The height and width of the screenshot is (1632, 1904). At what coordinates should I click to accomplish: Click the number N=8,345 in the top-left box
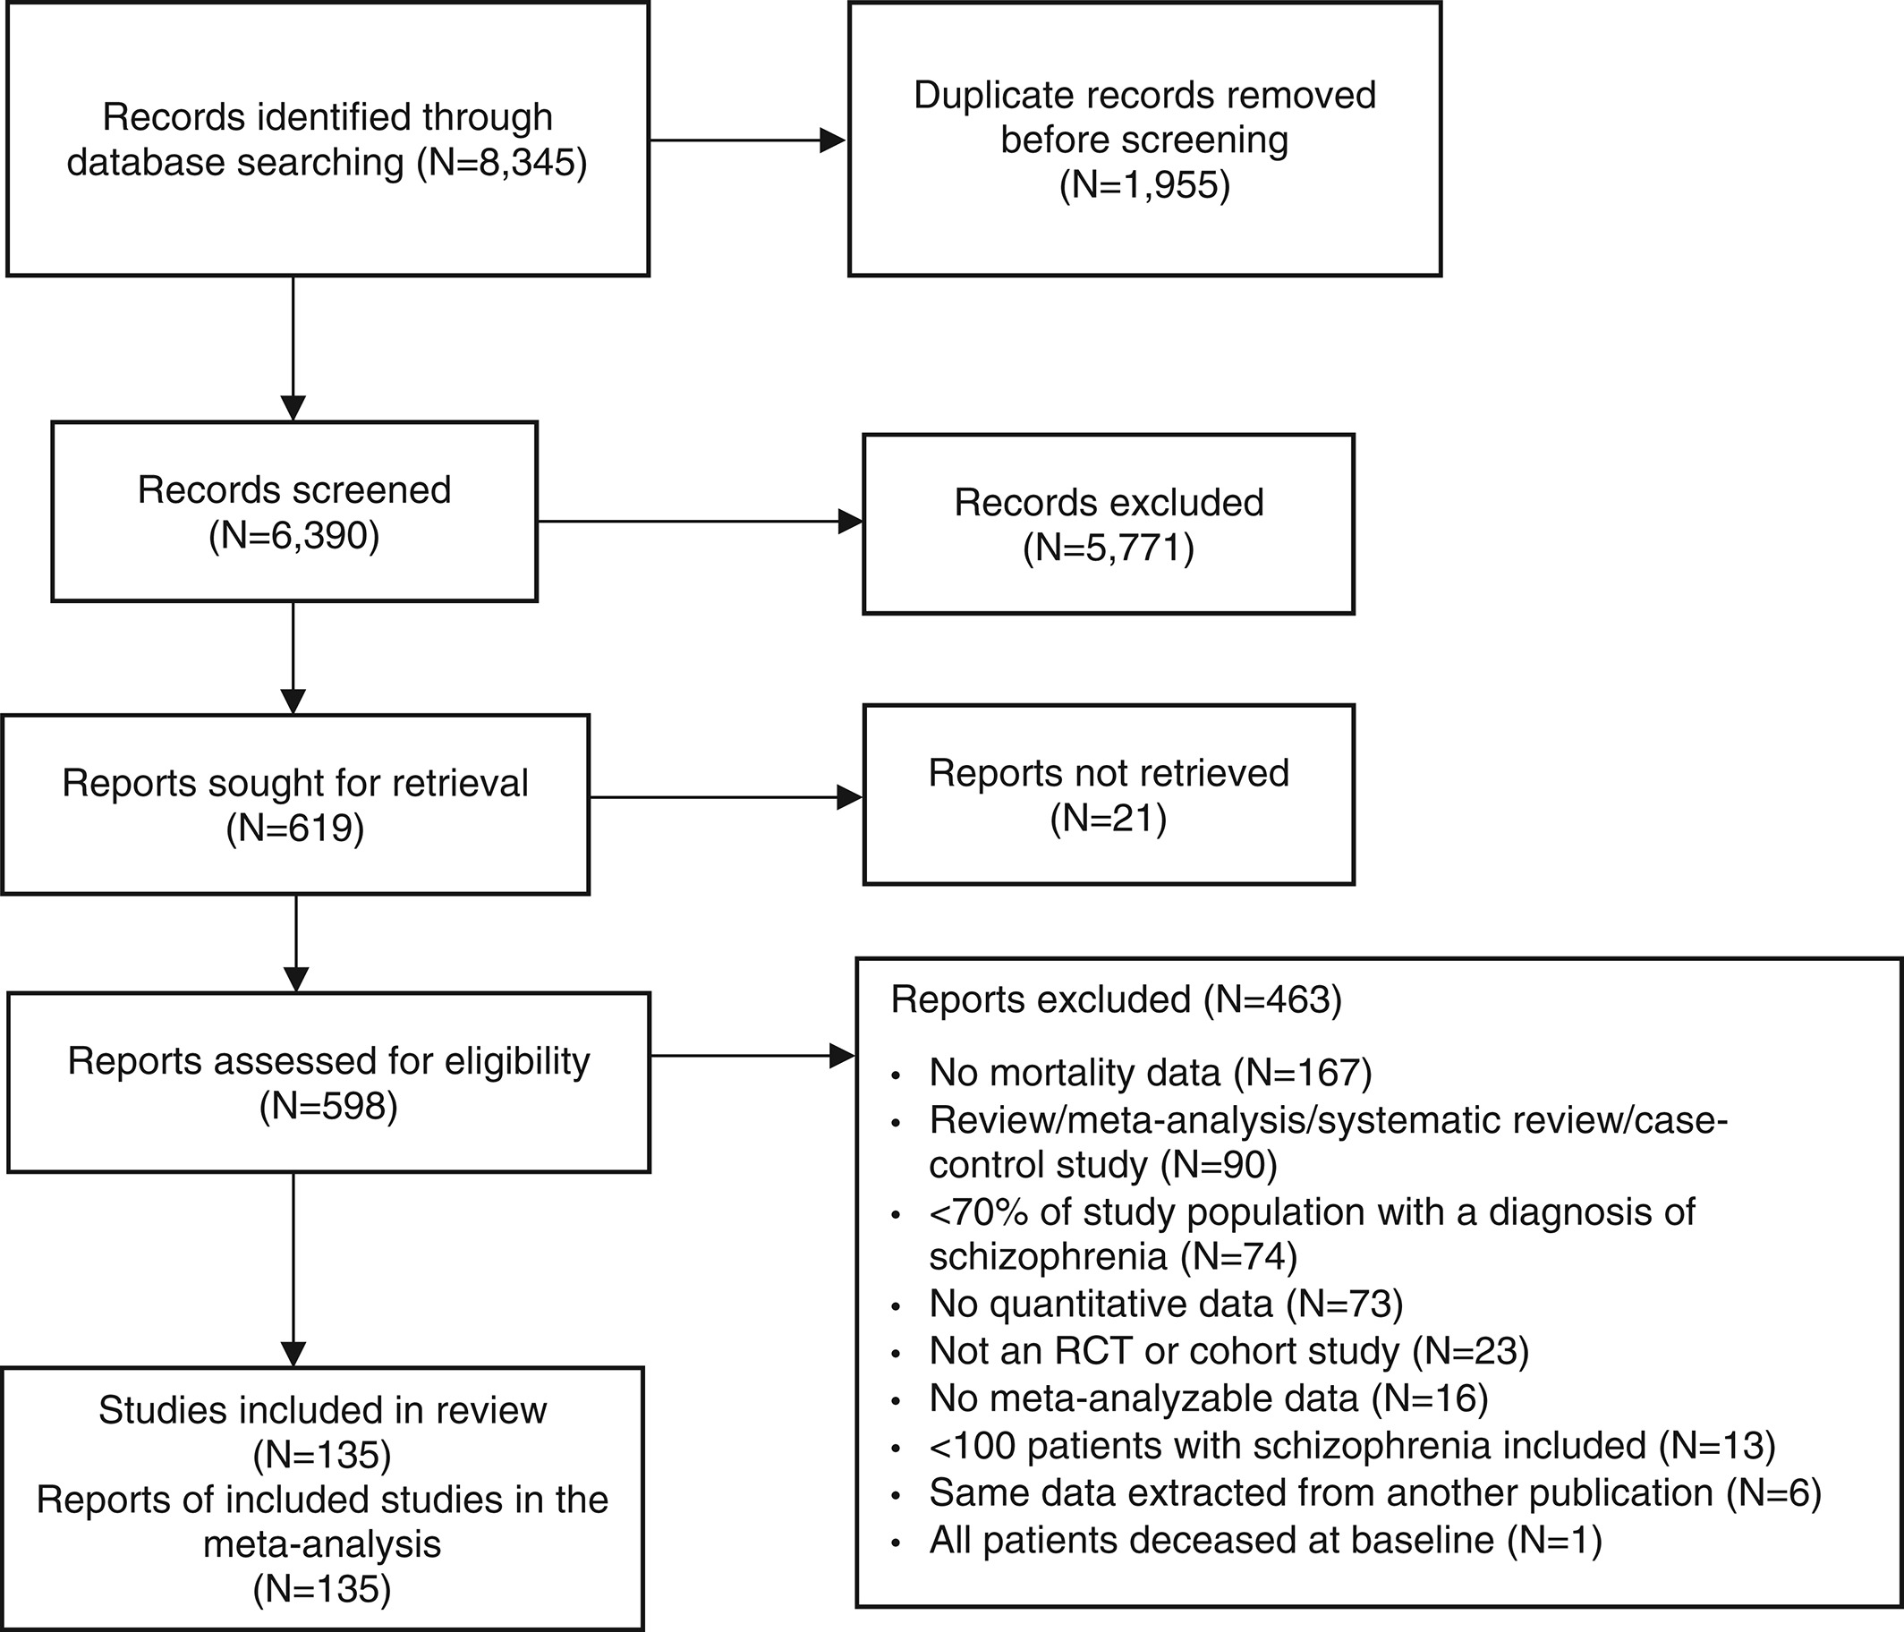(x=501, y=163)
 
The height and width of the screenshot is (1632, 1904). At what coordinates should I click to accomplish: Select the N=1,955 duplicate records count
(x=1145, y=184)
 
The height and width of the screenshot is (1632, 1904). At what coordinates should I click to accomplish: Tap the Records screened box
(x=294, y=512)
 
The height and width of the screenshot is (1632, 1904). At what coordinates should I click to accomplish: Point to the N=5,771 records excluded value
(x=1109, y=548)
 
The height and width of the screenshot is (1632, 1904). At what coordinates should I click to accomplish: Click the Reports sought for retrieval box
(x=295, y=804)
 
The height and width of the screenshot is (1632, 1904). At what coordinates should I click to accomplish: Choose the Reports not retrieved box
(x=1109, y=795)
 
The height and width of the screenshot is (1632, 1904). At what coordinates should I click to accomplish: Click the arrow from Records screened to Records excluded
(x=700, y=522)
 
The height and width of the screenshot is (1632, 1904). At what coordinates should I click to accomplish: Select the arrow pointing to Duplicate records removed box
(x=747, y=140)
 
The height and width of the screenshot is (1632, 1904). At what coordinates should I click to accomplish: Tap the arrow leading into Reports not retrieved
(x=726, y=797)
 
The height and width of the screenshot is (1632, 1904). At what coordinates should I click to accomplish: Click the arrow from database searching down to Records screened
(x=293, y=348)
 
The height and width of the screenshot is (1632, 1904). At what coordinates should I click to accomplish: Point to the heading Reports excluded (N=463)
(x=1117, y=999)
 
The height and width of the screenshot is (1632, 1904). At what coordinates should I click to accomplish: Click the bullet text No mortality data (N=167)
(x=1151, y=1073)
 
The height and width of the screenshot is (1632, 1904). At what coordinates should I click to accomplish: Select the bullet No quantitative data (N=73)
(x=1166, y=1303)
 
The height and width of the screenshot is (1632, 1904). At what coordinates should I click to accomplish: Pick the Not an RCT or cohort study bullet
(x=1228, y=1350)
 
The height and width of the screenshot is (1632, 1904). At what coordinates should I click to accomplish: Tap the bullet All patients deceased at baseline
(x=1265, y=1539)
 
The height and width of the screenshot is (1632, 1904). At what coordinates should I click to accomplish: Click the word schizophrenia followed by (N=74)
(x=1048, y=1255)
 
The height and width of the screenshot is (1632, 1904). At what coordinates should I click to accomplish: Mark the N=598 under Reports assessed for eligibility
(x=328, y=1107)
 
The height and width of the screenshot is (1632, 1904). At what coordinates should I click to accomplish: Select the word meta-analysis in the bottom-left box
(x=322, y=1543)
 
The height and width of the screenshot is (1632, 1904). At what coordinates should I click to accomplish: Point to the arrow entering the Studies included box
(x=293, y=1270)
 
